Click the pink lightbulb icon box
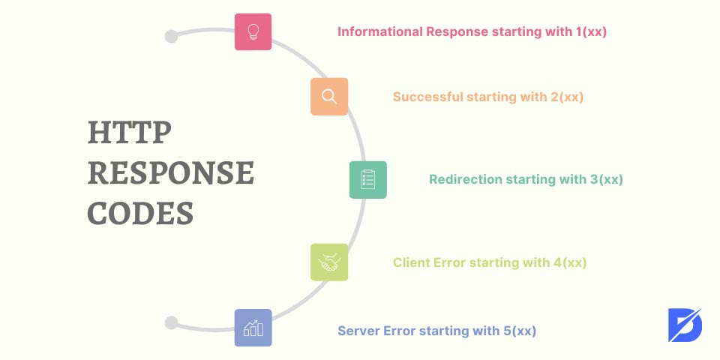(x=253, y=31)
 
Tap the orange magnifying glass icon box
(x=329, y=97)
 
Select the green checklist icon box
(x=368, y=180)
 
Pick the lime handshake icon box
(x=329, y=262)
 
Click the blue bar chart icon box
(x=253, y=328)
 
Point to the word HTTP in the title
(x=130, y=133)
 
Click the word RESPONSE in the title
(x=171, y=173)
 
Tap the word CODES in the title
(x=140, y=213)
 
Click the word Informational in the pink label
(x=380, y=32)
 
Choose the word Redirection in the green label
(x=466, y=180)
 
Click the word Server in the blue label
(x=358, y=330)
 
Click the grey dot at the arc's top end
(x=171, y=36)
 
